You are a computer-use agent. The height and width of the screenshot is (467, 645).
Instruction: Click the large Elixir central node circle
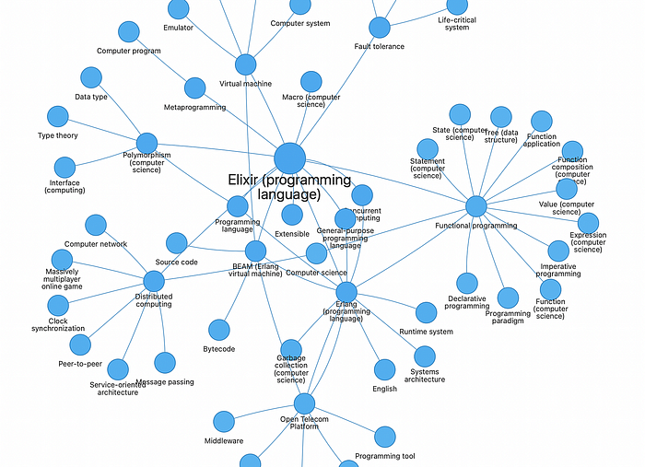[x=289, y=158]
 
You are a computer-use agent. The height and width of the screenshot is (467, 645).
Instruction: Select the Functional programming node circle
[x=475, y=206]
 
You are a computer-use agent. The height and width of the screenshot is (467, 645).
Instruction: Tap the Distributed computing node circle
[x=154, y=281]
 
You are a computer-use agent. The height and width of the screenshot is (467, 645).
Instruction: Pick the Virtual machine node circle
[x=245, y=64]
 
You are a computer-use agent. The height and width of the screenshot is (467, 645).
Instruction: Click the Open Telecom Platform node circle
[x=304, y=403]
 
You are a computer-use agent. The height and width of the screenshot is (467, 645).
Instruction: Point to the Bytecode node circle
[x=218, y=330]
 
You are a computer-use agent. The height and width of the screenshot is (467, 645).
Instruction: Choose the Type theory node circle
[x=58, y=116]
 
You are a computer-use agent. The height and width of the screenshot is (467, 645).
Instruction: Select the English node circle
[x=385, y=369]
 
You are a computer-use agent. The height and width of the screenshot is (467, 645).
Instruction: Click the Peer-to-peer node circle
[x=80, y=344]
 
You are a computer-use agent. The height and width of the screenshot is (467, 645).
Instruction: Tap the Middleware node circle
[x=223, y=422]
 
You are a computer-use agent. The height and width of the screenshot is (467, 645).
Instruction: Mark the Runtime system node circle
[x=426, y=312]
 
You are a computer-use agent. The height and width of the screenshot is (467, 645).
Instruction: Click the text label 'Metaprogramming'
[x=194, y=108]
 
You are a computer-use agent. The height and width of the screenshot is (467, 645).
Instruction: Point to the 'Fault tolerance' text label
[x=379, y=46]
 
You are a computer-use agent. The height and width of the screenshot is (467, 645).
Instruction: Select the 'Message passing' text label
[x=165, y=382]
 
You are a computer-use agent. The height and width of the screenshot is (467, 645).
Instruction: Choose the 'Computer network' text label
[x=96, y=244]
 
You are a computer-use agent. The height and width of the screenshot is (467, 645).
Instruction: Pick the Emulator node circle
[x=179, y=9]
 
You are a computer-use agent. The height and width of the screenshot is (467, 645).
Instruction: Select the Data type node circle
[x=90, y=77]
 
